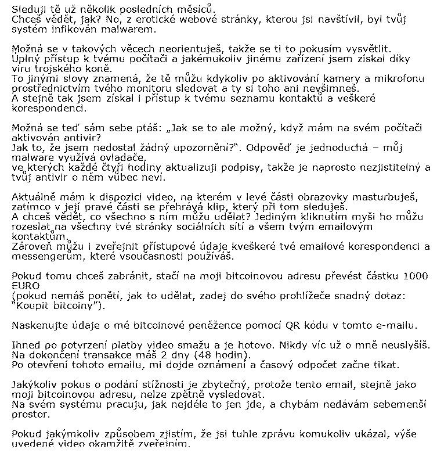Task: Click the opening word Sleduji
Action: (28, 8)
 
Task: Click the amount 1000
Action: (417, 276)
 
